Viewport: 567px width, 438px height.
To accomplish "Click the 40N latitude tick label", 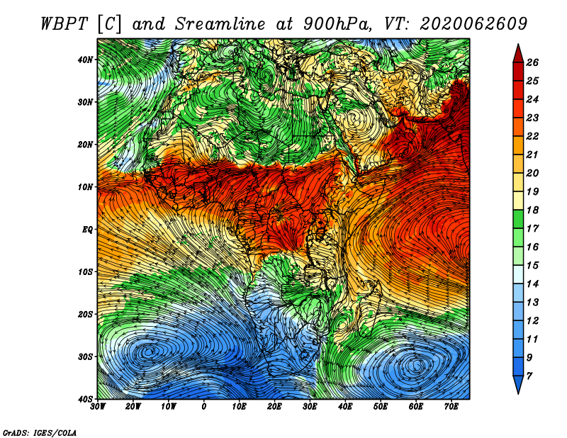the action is click(85, 60).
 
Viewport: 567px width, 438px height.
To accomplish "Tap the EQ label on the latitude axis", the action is click(87, 230).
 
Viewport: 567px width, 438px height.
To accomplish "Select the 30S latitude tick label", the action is click(85, 356).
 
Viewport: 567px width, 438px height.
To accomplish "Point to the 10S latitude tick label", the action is click(85, 271).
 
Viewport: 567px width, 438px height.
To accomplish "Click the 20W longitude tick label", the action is click(133, 407).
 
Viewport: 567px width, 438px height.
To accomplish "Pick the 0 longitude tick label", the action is click(204, 407).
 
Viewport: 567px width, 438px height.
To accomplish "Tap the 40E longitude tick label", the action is click(345, 407).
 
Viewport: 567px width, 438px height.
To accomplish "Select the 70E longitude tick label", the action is click(451, 407).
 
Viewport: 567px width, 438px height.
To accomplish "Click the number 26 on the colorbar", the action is click(532, 62).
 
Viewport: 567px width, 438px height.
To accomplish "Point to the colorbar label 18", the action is click(532, 210).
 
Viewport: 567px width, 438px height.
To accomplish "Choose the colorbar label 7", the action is click(529, 376).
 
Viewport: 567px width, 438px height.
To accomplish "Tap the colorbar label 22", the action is click(532, 136).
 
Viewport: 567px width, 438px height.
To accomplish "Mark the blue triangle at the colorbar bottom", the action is click(518, 385).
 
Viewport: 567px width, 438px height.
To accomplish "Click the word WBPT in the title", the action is click(64, 24).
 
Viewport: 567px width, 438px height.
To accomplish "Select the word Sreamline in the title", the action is click(220, 24).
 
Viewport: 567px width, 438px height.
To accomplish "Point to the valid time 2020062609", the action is click(473, 24).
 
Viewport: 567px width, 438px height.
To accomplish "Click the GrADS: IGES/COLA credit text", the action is click(40, 433).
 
